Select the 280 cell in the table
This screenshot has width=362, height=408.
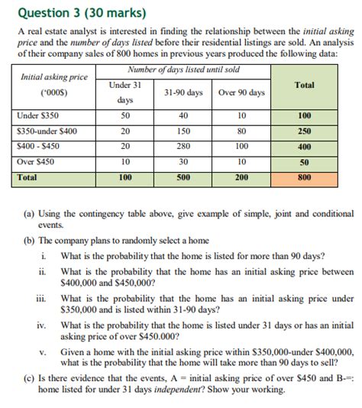(x=183, y=147)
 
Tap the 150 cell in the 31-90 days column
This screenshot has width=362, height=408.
(x=183, y=131)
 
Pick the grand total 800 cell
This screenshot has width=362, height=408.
(x=304, y=177)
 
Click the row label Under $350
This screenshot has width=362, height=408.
(x=38, y=116)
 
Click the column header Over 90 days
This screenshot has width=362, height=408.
(x=241, y=92)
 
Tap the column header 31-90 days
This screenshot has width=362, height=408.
(x=183, y=92)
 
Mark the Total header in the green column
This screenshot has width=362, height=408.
(x=304, y=86)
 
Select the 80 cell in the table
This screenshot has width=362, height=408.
(x=241, y=131)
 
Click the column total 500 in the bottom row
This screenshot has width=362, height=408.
(x=183, y=177)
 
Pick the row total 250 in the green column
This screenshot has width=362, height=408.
(x=304, y=131)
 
